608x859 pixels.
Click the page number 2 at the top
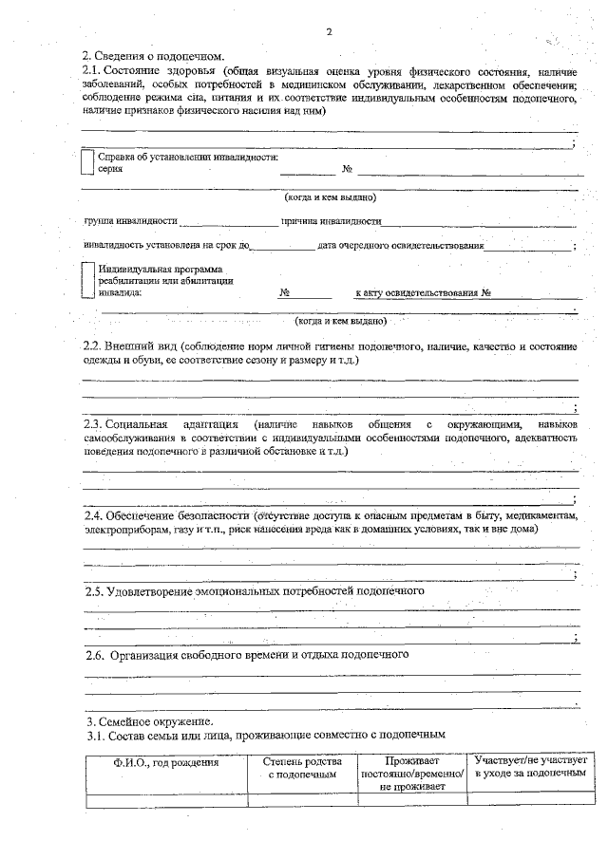[x=328, y=32]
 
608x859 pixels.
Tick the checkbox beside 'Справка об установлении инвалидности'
[x=87, y=162]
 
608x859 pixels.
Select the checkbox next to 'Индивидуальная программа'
[x=87, y=280]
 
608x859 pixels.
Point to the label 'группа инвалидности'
[x=131, y=221]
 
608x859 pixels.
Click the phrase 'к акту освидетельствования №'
[x=422, y=293]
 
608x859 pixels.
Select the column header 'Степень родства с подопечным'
[x=301, y=768]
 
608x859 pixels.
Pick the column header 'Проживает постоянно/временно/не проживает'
[x=411, y=774]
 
